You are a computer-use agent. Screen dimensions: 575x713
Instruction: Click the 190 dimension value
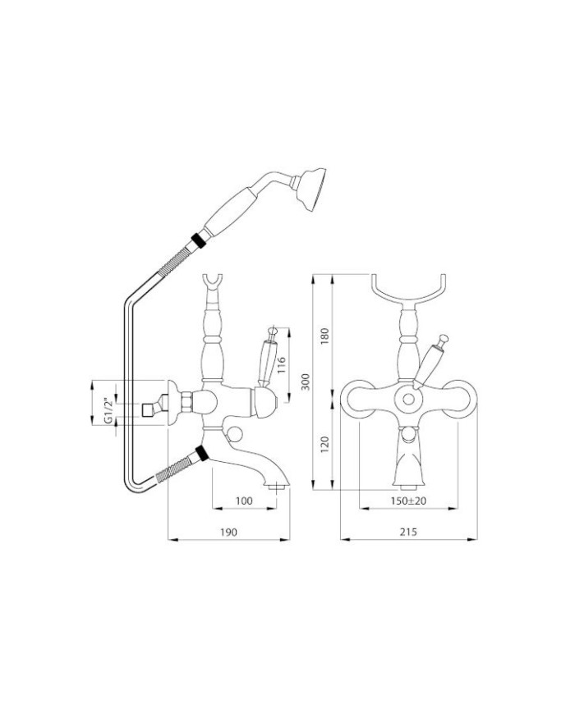point(228,532)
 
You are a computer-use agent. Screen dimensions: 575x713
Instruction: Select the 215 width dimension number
point(408,532)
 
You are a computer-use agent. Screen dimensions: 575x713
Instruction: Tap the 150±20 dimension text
point(408,500)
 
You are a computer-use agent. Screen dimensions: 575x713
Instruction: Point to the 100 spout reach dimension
point(244,500)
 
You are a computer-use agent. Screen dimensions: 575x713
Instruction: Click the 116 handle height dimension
point(281,365)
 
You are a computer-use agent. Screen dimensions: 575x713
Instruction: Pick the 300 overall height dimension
point(306,382)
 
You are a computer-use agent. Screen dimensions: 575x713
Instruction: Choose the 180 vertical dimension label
point(324,336)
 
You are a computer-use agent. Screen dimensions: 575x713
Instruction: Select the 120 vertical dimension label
point(324,444)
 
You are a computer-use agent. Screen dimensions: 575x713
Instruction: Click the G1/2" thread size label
point(108,411)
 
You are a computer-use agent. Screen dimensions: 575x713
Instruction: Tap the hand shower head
point(312,189)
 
